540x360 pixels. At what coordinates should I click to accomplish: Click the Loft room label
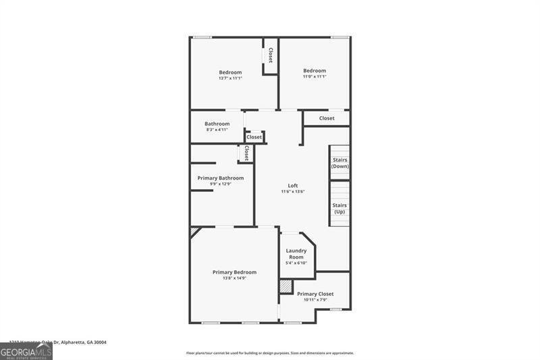tap(293, 186)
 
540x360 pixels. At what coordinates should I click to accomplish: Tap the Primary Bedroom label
tap(234, 272)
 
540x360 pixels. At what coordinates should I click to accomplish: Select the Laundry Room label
tap(296, 254)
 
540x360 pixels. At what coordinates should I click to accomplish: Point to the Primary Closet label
tap(315, 294)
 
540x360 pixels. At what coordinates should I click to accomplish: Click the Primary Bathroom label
tap(221, 178)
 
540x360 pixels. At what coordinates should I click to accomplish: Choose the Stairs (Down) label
tap(340, 163)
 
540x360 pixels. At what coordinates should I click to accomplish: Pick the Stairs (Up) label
tap(340, 208)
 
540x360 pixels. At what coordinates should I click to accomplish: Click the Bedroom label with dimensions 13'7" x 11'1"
tap(230, 72)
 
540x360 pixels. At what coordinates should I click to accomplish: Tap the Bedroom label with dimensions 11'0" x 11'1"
tap(315, 71)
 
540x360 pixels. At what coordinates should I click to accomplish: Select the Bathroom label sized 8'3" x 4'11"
tap(217, 124)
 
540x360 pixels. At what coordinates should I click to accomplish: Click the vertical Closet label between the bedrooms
tap(271, 55)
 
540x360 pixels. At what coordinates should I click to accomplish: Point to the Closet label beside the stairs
tap(327, 118)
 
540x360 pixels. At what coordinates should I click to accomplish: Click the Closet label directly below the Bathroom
tap(254, 137)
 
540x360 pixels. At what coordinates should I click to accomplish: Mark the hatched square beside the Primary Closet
tap(286, 286)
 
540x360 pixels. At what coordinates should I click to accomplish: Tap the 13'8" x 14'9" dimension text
tap(234, 278)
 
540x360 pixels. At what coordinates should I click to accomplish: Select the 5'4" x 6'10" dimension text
tap(296, 263)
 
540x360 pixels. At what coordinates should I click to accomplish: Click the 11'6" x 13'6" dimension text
tap(293, 192)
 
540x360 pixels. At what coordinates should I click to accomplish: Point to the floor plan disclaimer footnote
tap(270, 353)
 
